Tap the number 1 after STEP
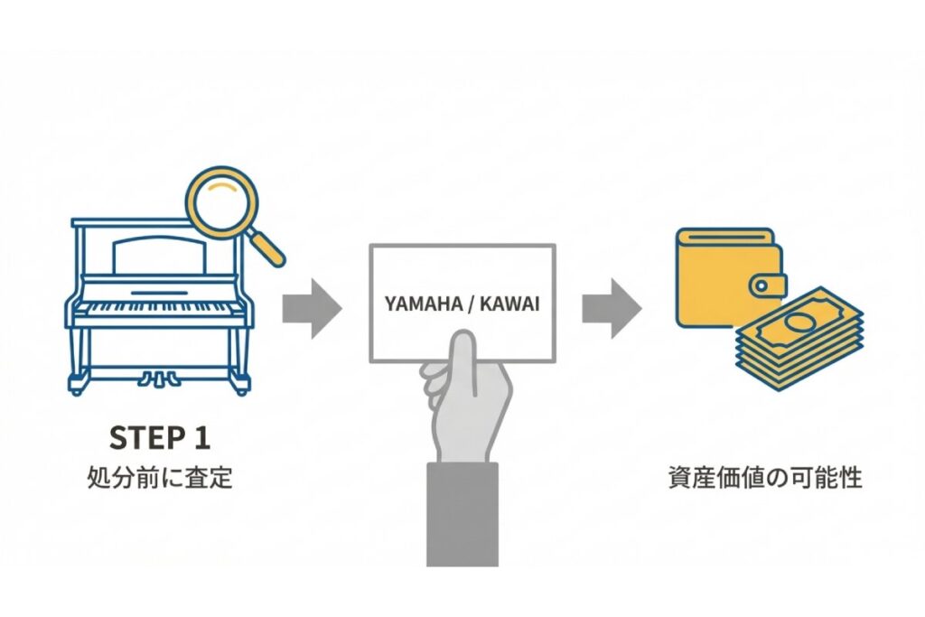tap(201, 437)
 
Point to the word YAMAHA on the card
tap(419, 304)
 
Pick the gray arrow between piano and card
tap(311, 308)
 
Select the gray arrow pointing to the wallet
tap(610, 308)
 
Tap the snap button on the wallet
tap(761, 286)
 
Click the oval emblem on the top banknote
tap(801, 322)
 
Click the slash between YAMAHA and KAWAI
tap(468, 304)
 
